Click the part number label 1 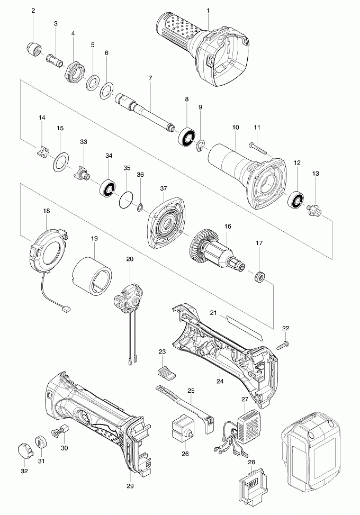(x=208, y=11)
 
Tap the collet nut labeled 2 (x=33, y=49)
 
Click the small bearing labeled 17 (x=260, y=276)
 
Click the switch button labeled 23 (x=167, y=371)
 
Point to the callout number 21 (x=213, y=314)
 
